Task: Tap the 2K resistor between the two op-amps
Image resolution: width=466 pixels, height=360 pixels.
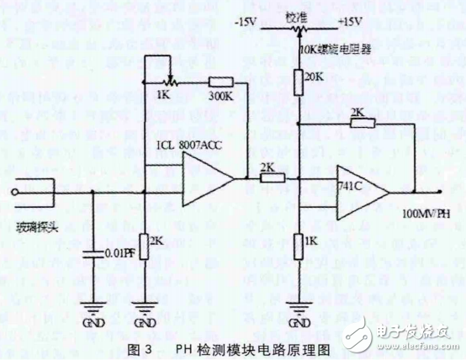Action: [x=268, y=178]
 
